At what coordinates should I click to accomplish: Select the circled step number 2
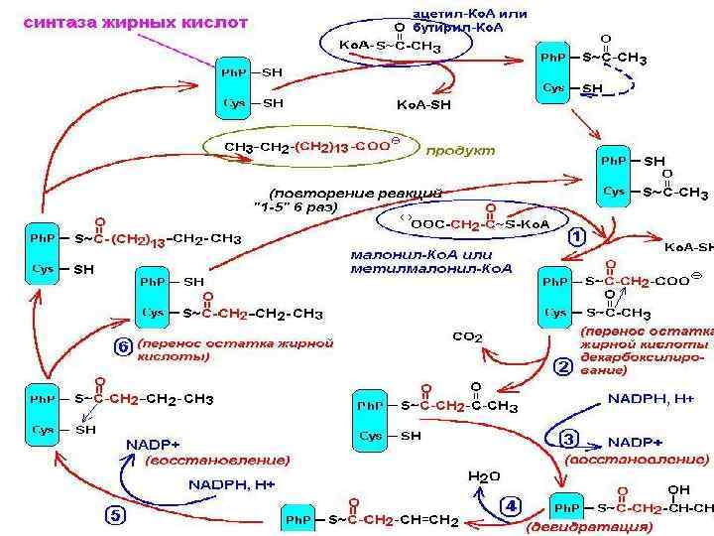coord(562,367)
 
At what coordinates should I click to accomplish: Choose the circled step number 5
coord(116,514)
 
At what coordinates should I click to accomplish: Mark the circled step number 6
coord(122,346)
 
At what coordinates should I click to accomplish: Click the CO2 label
coord(467,337)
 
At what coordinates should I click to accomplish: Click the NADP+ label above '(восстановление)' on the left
coord(153,443)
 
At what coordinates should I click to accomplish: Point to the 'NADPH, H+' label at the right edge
coord(652,397)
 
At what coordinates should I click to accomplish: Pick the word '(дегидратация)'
coord(576,525)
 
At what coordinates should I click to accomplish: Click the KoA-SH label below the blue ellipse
coord(423,103)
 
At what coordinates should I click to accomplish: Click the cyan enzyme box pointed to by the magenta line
coord(235,86)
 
